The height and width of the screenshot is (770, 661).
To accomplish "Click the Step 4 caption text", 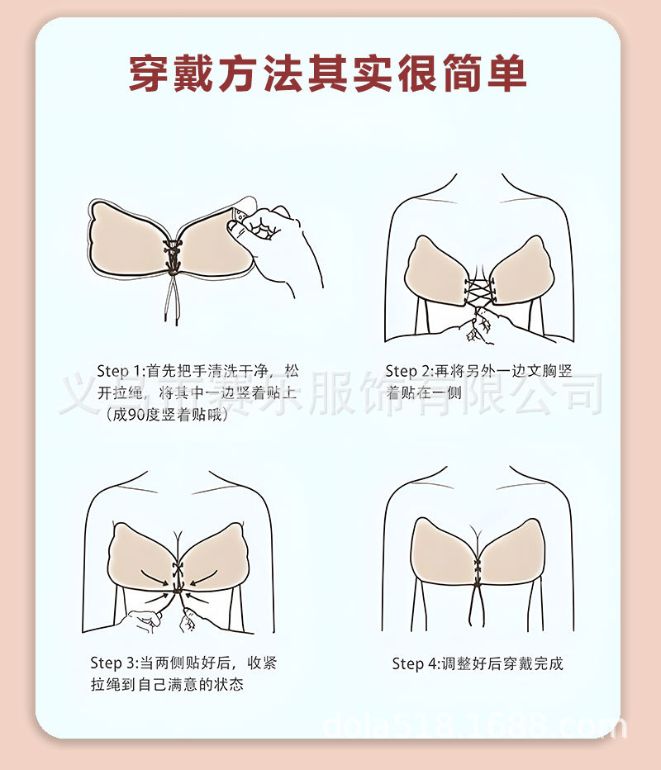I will pyautogui.click(x=478, y=663).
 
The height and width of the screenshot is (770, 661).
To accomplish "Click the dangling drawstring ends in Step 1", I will pyautogui.click(x=176, y=306).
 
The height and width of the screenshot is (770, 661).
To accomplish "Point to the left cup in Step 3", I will pyautogui.click(x=140, y=558).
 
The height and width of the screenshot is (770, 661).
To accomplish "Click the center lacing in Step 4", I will pyautogui.click(x=477, y=570).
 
